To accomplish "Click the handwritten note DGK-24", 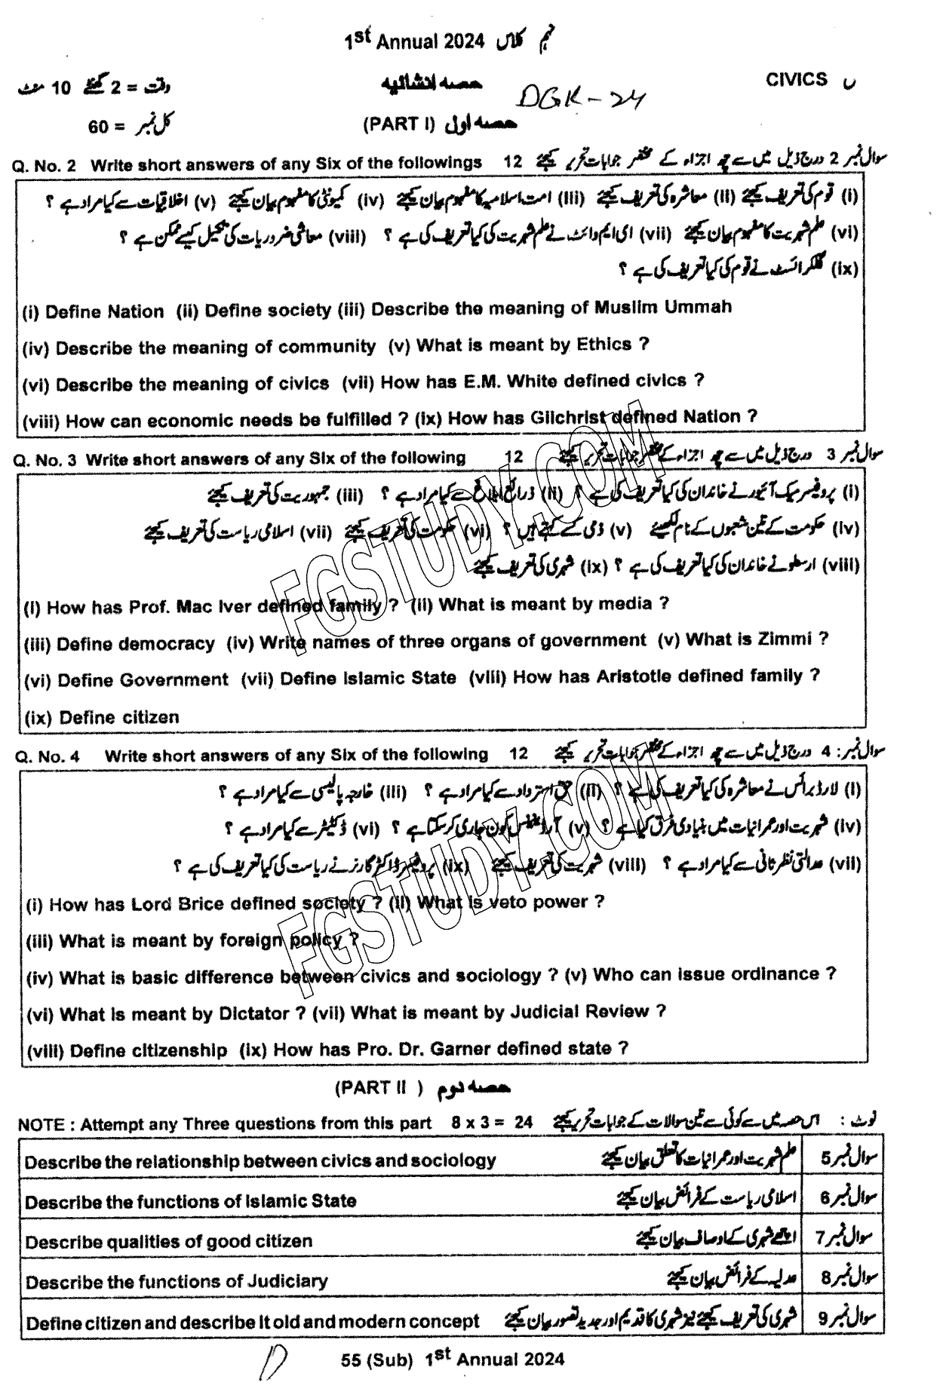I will pos(578,96).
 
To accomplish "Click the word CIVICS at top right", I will pos(796,80).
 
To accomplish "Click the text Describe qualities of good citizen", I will pos(168,1240).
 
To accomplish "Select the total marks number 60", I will pos(98,127).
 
